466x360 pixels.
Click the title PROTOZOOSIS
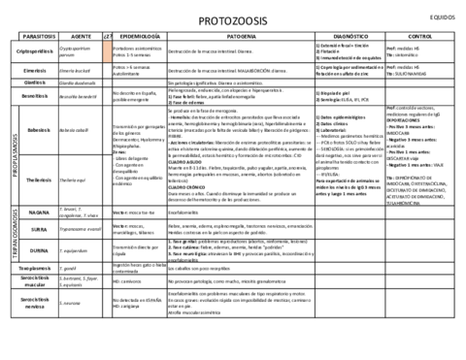pos(232,20)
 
